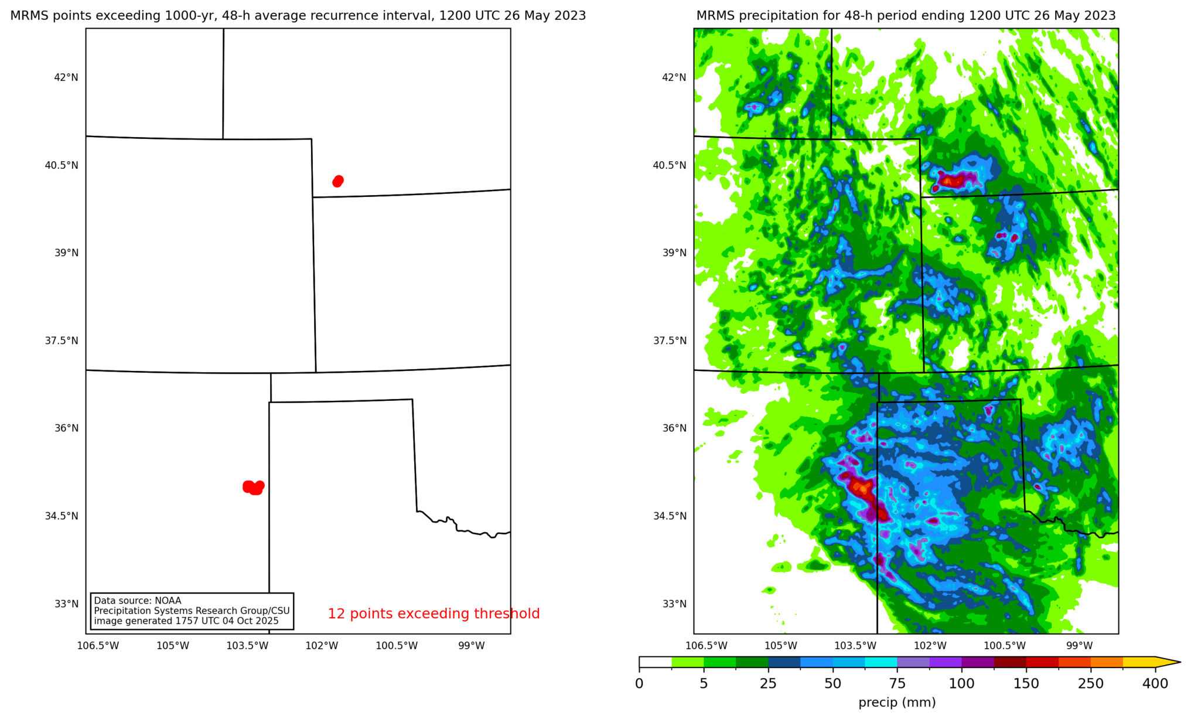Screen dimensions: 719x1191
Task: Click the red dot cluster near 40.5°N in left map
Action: [x=338, y=181]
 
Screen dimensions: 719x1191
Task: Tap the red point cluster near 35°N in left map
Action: [x=253, y=487]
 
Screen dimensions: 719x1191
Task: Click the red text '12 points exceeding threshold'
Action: [x=434, y=614]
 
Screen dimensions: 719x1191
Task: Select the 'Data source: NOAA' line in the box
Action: [x=138, y=601]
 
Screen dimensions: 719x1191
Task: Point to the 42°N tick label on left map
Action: [x=66, y=77]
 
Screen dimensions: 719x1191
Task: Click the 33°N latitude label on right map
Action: [x=674, y=604]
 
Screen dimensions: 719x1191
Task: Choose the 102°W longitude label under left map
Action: [x=322, y=646]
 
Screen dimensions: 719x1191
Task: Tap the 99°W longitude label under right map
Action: [x=1079, y=646]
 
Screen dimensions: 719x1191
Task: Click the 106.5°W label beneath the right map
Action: [x=706, y=646]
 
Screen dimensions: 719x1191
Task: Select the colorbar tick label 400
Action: [x=1155, y=683]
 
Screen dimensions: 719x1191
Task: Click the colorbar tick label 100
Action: [x=961, y=683]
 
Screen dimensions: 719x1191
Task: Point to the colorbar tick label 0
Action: [x=639, y=683]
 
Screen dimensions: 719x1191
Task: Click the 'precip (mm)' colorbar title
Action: [x=897, y=702]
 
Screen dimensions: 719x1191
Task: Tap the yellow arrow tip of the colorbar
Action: [x=1169, y=663]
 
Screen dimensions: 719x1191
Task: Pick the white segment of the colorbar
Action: [x=655, y=663]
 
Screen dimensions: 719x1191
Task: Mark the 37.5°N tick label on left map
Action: [x=62, y=340]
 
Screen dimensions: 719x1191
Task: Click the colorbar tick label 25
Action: [x=768, y=683]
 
